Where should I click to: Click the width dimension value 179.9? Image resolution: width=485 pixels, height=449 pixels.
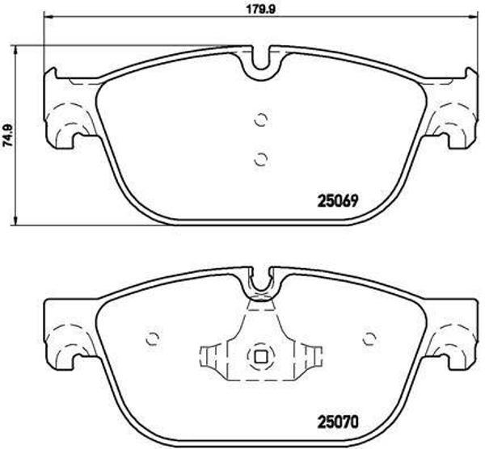click(x=258, y=9)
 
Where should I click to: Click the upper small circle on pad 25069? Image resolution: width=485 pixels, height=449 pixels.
click(x=259, y=120)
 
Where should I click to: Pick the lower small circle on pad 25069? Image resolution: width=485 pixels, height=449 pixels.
click(x=259, y=158)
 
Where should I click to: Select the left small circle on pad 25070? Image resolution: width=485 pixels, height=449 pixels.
click(x=150, y=338)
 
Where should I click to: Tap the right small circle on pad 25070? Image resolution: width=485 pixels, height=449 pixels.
click(x=370, y=338)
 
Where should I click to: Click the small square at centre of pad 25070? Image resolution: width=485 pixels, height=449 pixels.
click(x=260, y=355)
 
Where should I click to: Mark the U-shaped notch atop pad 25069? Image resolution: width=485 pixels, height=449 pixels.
click(x=260, y=62)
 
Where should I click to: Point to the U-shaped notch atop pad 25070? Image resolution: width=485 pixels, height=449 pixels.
click(x=260, y=282)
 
